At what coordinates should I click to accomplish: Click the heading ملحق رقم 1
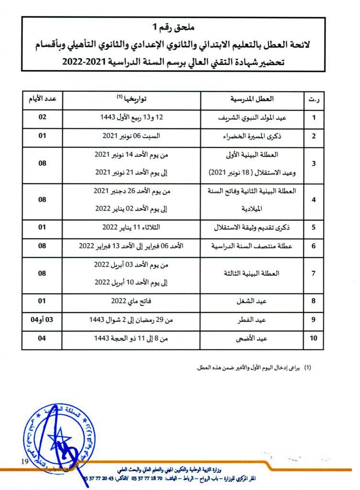(180, 31)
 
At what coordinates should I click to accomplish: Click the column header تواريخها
(132, 99)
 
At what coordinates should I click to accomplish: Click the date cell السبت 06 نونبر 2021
(131, 136)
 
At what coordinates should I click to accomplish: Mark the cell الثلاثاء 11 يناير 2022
(131, 227)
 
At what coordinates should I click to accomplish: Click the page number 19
(25, 461)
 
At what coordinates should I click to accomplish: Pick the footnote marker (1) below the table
(308, 368)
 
